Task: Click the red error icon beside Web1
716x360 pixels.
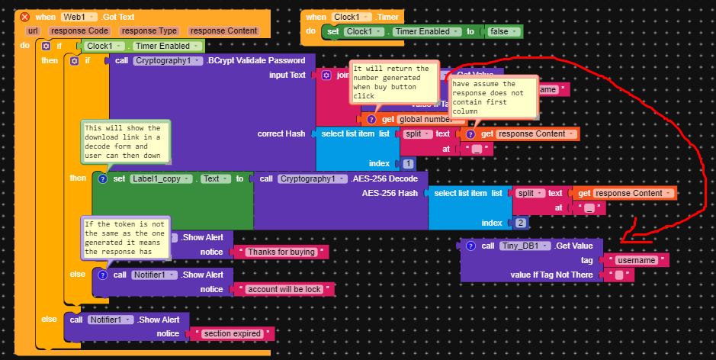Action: tap(24, 17)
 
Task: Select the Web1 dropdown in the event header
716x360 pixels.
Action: tap(79, 17)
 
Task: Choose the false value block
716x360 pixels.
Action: tap(504, 31)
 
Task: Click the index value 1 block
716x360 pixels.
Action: tap(408, 163)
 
